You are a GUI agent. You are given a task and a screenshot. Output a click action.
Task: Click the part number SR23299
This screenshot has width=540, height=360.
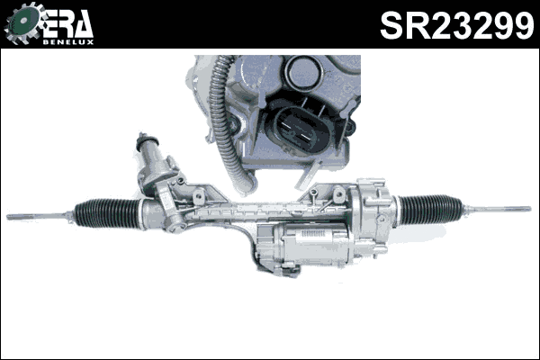(x=456, y=25)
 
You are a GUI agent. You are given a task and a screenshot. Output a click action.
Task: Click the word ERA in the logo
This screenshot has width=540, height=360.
(x=67, y=22)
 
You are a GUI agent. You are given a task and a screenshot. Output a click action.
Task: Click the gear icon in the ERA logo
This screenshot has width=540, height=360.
(x=22, y=25)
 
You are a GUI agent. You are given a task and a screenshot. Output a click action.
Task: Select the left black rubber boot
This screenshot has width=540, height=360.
(x=106, y=212)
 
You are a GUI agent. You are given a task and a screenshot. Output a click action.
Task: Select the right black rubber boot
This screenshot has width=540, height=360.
(x=430, y=209)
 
